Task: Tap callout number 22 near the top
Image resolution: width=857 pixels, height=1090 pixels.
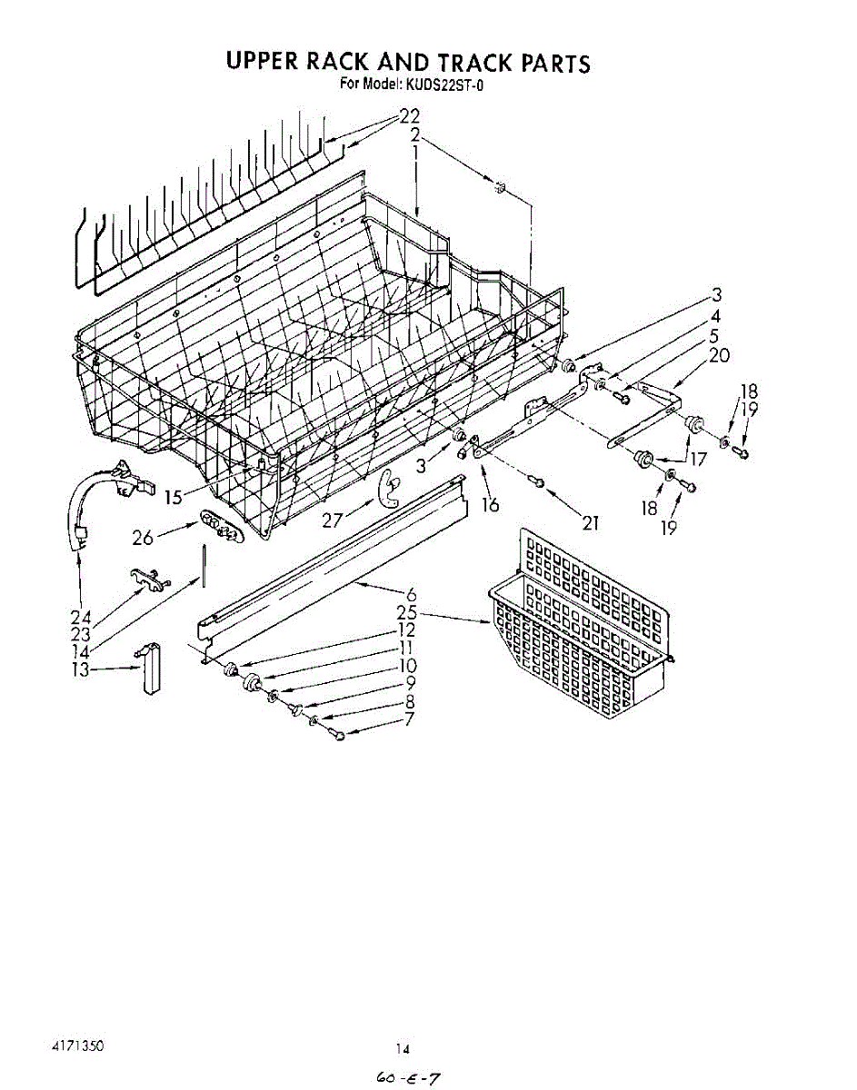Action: [x=409, y=116]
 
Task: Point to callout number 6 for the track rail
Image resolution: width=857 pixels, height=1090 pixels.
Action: [x=411, y=594]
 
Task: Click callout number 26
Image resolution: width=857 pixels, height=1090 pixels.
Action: [x=143, y=538]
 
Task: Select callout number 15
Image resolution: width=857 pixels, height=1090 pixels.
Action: [x=174, y=497]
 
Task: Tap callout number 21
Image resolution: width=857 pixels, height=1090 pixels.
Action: [x=592, y=522]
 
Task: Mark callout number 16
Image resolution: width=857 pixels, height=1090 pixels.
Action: [x=490, y=505]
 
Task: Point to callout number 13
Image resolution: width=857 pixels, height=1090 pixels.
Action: [x=81, y=669]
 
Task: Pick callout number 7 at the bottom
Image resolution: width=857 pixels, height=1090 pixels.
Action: [x=410, y=719]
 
